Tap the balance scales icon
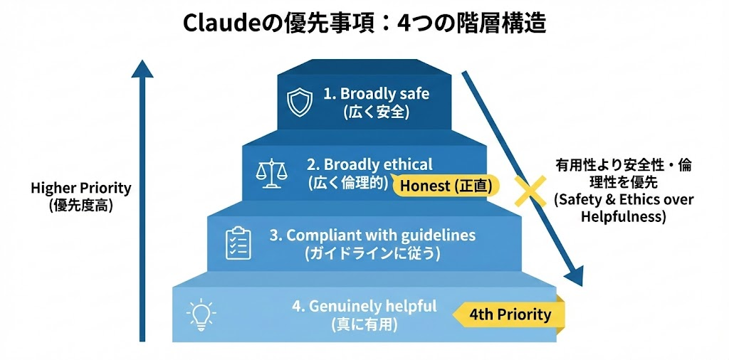click(x=268, y=173)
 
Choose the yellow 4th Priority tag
click(x=510, y=314)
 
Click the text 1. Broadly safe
click(x=376, y=93)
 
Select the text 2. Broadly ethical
click(x=369, y=164)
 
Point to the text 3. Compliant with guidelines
click(x=372, y=235)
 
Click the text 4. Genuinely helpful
click(x=364, y=306)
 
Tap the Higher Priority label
click(x=81, y=189)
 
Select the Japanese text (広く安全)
click(x=376, y=112)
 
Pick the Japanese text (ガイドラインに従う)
click(x=372, y=253)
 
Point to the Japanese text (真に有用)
click(x=364, y=324)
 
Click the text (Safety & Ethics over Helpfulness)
click(x=623, y=208)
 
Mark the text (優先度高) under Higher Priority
click(x=81, y=205)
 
